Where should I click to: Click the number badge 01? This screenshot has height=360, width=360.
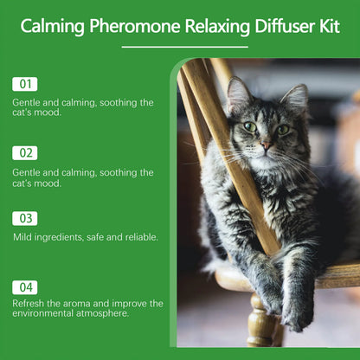(x=25, y=84)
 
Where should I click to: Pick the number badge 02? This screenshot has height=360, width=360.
(x=25, y=153)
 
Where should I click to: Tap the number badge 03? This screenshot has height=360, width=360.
(x=25, y=218)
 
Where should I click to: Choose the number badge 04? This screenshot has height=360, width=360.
(x=25, y=286)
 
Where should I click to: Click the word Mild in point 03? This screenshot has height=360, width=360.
(x=22, y=236)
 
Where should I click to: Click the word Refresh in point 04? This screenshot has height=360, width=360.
(x=30, y=304)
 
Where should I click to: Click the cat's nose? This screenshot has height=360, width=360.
(x=265, y=145)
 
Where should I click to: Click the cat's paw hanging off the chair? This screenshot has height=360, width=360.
(x=297, y=314)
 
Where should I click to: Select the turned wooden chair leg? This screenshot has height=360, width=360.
(x=260, y=323)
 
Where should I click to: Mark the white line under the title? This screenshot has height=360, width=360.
(x=179, y=46)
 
